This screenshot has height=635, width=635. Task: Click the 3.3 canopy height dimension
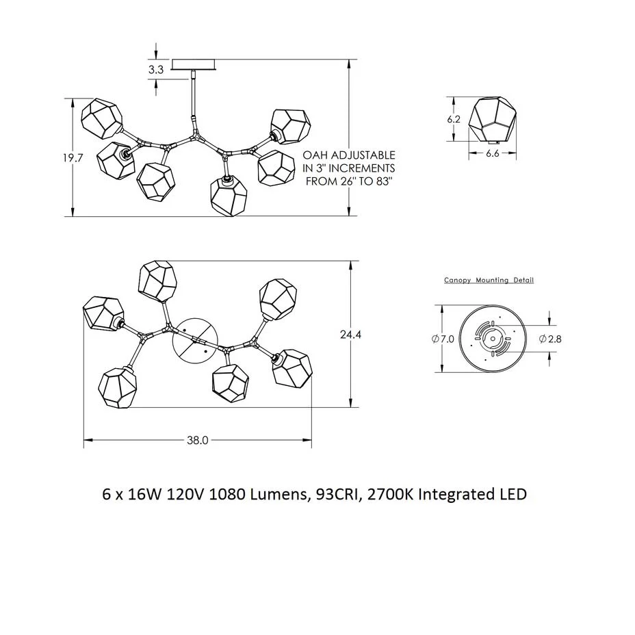[155, 70]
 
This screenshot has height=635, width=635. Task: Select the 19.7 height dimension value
[73, 157]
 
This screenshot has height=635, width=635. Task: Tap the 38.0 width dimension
[198, 440]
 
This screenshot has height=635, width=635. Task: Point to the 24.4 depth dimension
[351, 335]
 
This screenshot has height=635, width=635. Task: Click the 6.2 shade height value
[454, 120]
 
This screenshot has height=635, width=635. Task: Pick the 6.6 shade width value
[493, 153]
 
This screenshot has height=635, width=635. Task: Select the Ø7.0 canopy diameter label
[443, 339]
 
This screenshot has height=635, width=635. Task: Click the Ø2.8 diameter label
[550, 339]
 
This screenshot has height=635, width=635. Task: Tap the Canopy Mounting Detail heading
[489, 280]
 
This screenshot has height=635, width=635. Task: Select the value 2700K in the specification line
[391, 495]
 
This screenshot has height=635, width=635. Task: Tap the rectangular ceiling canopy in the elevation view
[194, 64]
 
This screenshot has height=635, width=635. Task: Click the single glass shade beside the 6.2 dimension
[493, 120]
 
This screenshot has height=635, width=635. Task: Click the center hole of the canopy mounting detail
[493, 339]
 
